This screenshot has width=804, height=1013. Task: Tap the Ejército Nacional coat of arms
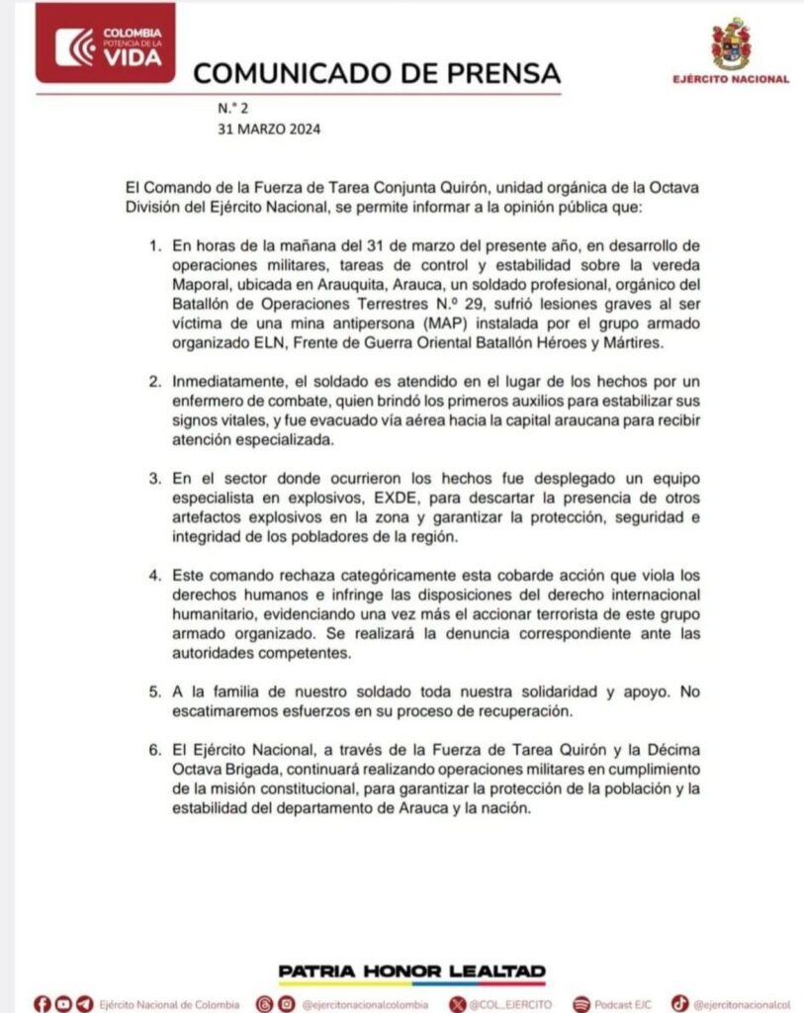[x=731, y=44]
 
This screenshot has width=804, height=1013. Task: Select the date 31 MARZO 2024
[x=269, y=129]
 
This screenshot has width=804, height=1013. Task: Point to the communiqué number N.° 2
[x=228, y=108]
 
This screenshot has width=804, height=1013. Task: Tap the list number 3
[x=154, y=477]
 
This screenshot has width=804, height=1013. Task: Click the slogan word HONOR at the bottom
[x=412, y=970]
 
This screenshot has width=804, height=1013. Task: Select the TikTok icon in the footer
[x=679, y=1003]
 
